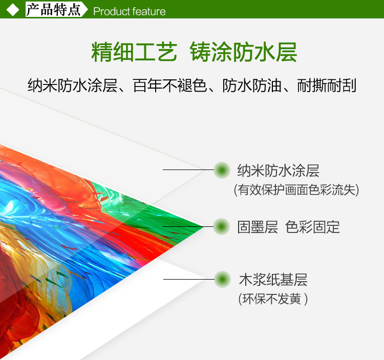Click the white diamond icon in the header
coord(13,10)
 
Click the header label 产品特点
coord(53,10)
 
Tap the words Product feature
coord(130,11)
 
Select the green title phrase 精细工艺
coord(134,52)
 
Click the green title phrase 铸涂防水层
coord(243,52)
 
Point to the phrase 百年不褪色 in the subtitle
coord(169,86)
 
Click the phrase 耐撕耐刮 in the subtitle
coord(327,86)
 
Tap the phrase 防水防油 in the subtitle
coord(252,86)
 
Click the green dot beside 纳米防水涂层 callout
coord(222,170)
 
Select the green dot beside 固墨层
coord(222,226)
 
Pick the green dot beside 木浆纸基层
coord(222,280)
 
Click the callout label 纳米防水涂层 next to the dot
coord(278,171)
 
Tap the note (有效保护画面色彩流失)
coord(296,190)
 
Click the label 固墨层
coord(258,227)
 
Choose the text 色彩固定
coord(312,227)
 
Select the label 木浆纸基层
coord(273,280)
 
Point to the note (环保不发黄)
coord(273,299)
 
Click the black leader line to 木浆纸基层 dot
coord(189,279)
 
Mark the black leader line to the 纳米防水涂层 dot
coord(188,170)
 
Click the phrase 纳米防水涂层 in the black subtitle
coord(72,86)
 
